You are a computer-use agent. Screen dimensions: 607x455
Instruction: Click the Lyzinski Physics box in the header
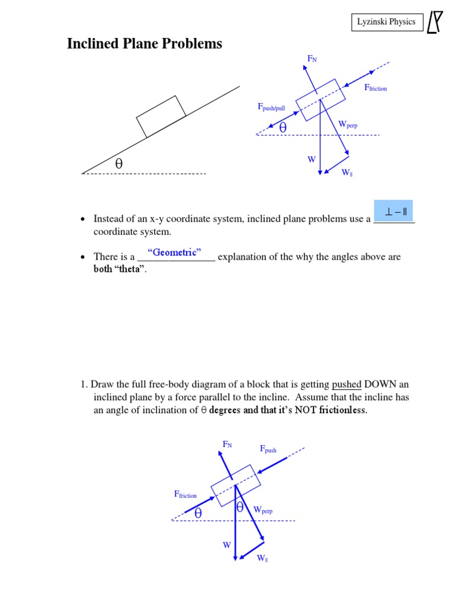(x=386, y=23)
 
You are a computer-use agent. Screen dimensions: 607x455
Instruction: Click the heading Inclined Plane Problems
(x=145, y=43)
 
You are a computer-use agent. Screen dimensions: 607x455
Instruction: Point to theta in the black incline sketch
(x=118, y=164)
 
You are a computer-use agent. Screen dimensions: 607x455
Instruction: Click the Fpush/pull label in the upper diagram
(x=271, y=107)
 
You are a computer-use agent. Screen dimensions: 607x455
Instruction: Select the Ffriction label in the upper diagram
(x=375, y=88)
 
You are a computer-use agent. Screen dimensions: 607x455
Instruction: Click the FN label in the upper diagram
(x=312, y=58)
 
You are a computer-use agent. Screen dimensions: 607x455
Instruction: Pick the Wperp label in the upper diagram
(x=348, y=124)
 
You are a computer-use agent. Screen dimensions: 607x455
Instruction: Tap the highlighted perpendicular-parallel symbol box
(x=393, y=211)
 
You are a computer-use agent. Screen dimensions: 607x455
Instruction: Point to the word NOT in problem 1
(x=299, y=411)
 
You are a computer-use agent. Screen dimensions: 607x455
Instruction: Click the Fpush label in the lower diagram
(x=268, y=449)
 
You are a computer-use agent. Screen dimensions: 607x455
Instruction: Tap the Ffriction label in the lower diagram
(x=185, y=494)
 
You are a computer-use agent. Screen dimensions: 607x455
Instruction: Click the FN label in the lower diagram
(x=227, y=444)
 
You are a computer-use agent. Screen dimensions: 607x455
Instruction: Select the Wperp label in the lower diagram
(x=263, y=510)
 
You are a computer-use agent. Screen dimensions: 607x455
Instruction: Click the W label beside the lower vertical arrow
(x=226, y=545)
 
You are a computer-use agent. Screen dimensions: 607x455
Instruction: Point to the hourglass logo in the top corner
(x=435, y=23)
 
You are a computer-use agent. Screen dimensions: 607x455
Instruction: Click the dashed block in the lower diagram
(x=235, y=485)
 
